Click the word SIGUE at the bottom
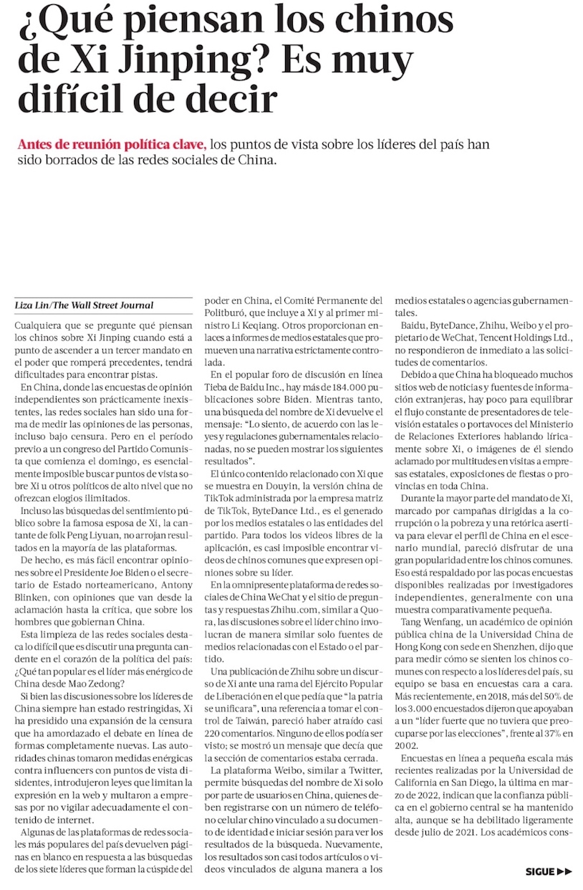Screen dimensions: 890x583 [x=540, y=872]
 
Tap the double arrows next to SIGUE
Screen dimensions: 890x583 [x=565, y=872]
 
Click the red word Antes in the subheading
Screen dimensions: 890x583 [x=34, y=144]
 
